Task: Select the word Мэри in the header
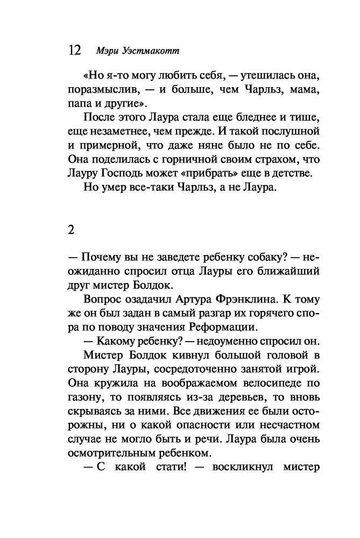(105, 51)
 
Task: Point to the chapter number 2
(71, 229)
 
